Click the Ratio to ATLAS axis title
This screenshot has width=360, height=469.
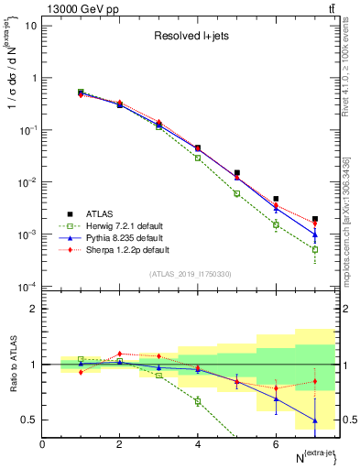[x=12, y=365]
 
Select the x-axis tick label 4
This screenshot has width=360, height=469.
[x=198, y=444]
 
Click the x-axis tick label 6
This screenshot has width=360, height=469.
[x=276, y=444]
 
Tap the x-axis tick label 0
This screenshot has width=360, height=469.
[x=42, y=444]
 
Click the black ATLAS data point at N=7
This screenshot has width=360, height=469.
[x=314, y=219]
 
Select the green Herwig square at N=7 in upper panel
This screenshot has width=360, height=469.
[x=314, y=249]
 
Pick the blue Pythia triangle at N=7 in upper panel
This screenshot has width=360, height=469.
[x=314, y=234]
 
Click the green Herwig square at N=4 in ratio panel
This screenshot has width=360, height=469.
[x=198, y=401]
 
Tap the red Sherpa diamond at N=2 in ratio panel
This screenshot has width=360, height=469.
[x=120, y=354]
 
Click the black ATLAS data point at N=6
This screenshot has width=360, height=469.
[x=276, y=199]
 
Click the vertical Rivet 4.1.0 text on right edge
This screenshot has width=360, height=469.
[x=351, y=64]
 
